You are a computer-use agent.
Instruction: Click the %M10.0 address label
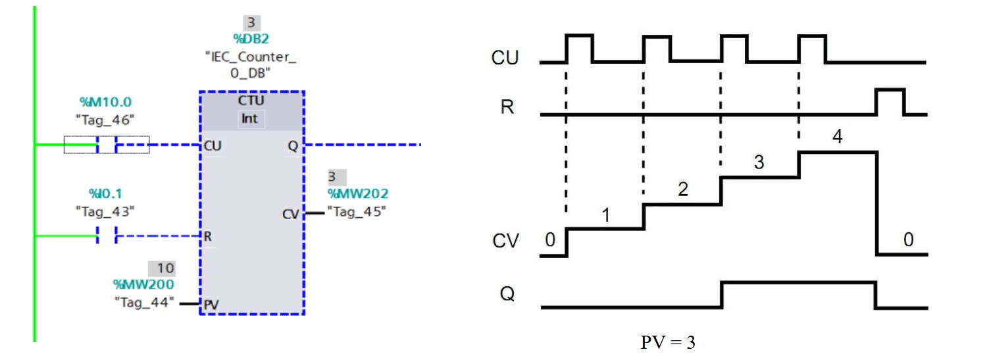point(105,103)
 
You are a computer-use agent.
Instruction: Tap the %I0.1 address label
point(105,193)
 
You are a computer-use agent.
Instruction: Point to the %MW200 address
point(143,284)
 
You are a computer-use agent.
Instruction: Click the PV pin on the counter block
point(211,304)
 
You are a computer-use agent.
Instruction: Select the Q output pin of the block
point(292,146)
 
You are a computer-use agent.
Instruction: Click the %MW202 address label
point(358,193)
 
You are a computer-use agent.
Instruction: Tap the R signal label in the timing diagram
point(507,107)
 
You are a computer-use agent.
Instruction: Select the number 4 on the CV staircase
point(836,137)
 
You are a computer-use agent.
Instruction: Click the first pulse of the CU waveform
point(580,48)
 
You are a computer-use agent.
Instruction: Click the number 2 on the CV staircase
point(682,190)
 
